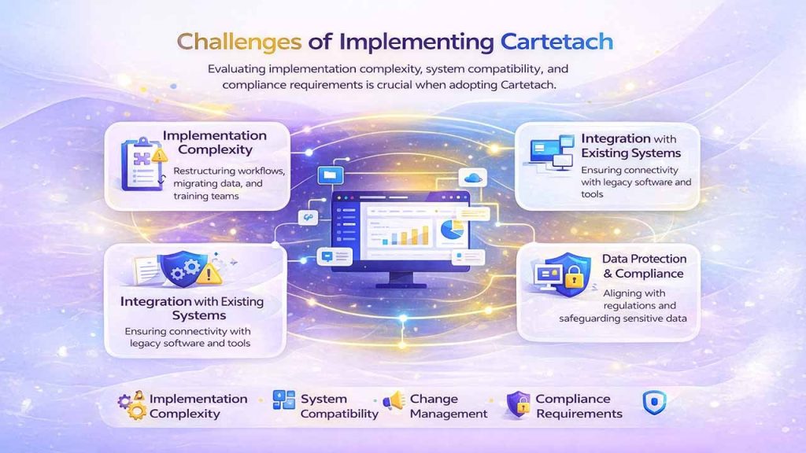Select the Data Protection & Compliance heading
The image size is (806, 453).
point(644,266)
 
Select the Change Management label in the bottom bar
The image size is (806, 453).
point(449,406)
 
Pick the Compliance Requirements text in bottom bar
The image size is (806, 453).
point(579,406)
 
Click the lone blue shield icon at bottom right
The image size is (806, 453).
point(655,403)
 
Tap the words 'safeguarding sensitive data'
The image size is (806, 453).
point(623,319)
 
